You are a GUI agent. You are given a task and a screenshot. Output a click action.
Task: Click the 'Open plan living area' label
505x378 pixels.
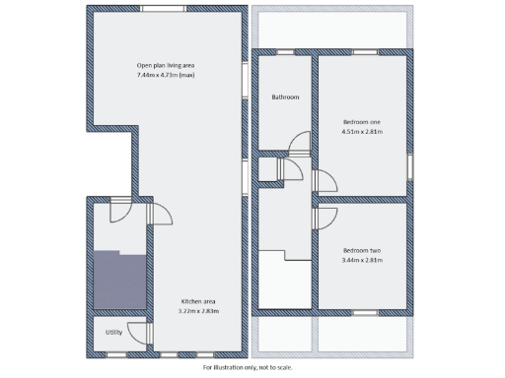tap(166, 65)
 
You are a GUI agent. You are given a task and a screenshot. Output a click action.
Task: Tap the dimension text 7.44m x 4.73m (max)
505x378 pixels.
tap(166, 75)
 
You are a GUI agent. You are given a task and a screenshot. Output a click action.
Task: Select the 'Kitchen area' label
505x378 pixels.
tap(198, 300)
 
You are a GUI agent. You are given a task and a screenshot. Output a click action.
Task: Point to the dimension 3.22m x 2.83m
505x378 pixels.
tap(198, 310)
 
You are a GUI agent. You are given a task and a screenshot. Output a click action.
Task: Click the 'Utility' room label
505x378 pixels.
tap(114, 332)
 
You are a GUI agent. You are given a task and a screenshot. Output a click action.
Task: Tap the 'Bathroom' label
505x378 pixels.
tap(285, 97)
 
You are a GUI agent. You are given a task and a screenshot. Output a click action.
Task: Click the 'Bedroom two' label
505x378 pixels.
tap(361, 250)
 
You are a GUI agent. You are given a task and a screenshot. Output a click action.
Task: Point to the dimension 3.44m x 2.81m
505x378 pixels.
tap(361, 260)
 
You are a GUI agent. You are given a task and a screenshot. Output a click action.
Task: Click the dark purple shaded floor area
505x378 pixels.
tap(118, 280)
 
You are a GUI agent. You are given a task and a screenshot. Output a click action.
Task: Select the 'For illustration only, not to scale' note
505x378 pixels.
tap(248, 367)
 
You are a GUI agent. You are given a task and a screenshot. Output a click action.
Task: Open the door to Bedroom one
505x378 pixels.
tap(324, 181)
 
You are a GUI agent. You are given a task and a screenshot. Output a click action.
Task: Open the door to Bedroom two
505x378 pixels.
tap(324, 218)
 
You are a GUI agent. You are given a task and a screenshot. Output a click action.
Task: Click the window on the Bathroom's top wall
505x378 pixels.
tap(286, 51)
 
